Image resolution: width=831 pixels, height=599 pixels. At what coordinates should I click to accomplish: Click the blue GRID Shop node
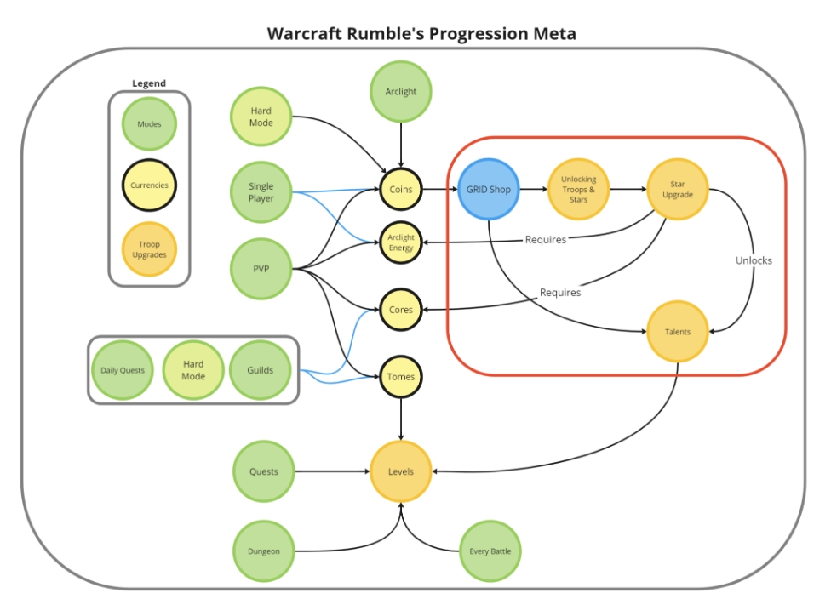(488, 189)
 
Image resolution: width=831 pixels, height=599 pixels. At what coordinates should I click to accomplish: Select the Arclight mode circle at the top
(401, 92)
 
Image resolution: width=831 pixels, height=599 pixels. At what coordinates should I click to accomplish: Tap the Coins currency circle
(401, 189)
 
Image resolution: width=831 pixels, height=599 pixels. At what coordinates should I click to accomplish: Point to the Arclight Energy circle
(401, 242)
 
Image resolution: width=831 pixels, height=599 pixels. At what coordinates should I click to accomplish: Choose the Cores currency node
(401, 310)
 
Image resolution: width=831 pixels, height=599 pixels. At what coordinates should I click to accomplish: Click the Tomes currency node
(401, 377)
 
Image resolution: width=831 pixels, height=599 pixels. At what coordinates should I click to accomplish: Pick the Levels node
(401, 471)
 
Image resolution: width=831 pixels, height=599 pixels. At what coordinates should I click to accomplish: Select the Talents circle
(677, 332)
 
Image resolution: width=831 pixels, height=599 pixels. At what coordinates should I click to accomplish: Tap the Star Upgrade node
(677, 189)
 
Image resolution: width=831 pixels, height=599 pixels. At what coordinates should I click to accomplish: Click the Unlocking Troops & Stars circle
(578, 189)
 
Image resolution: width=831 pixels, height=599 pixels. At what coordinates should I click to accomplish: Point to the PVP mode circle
(261, 269)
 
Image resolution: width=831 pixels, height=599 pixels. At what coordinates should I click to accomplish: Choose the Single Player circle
(261, 192)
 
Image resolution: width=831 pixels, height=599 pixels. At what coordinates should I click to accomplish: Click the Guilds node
(261, 370)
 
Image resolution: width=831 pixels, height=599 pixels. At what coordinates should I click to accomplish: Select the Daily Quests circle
(123, 370)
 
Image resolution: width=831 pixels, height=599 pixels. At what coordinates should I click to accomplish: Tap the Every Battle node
(490, 551)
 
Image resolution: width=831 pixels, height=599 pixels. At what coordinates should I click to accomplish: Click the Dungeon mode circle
(263, 551)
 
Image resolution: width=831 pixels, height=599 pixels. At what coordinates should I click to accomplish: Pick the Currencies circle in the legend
(149, 185)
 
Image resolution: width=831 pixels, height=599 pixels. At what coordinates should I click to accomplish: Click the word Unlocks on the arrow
(754, 260)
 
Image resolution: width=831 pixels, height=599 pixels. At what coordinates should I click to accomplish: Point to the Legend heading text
(149, 83)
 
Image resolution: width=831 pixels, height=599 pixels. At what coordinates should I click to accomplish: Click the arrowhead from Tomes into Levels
(401, 437)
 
